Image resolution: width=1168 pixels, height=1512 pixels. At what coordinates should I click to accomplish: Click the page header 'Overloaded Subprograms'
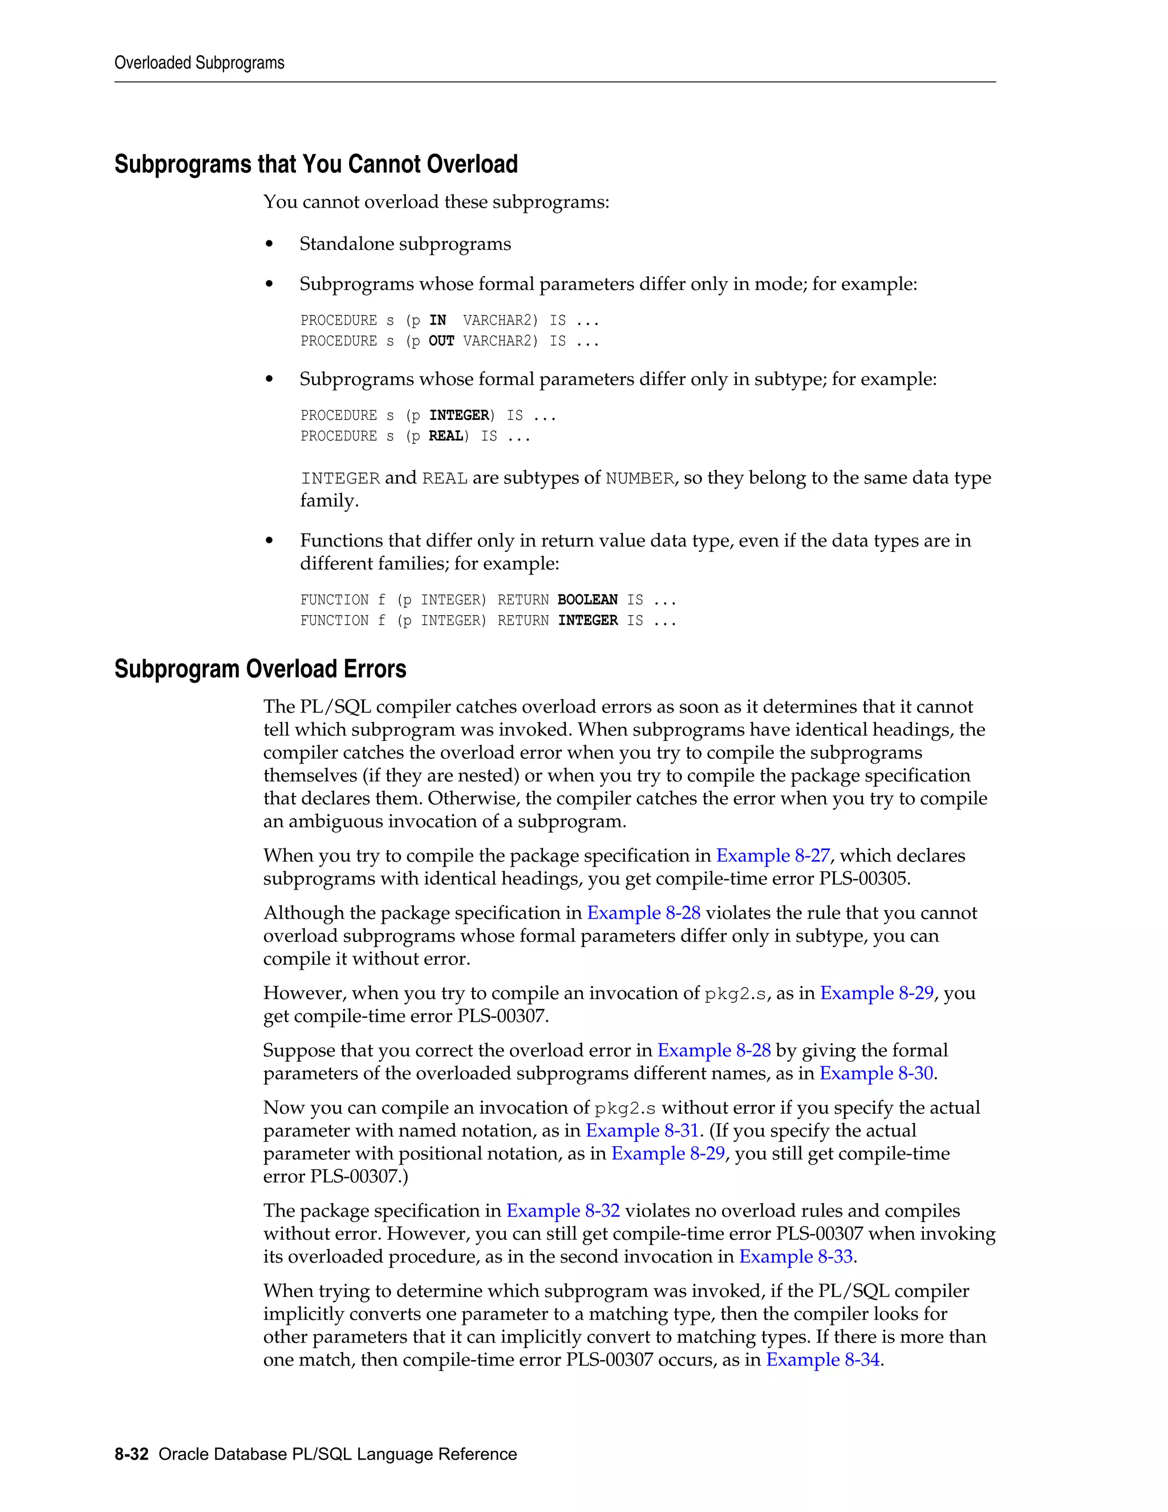pos(199,63)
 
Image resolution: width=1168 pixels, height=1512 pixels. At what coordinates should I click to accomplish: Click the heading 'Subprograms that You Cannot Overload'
pos(315,165)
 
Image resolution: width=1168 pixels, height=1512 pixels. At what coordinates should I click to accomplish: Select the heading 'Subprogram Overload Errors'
pos(260,669)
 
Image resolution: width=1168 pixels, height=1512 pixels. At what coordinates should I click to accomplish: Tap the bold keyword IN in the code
pos(437,321)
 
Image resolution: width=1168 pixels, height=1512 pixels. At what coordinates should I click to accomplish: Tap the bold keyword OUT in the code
pos(441,341)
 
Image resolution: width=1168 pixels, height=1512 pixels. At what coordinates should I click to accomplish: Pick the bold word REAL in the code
pos(445,436)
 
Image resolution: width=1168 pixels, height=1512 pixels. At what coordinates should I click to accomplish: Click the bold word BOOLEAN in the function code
pos(587,600)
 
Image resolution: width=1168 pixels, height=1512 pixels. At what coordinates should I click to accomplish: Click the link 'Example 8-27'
pos(772,856)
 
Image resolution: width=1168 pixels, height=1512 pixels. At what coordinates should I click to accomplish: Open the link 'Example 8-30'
pos(876,1073)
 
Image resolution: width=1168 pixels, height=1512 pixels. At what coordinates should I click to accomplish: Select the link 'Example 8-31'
pos(642,1130)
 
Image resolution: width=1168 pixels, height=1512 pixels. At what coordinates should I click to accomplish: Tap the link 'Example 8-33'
pos(796,1256)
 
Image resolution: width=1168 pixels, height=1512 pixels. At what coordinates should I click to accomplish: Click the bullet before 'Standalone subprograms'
pos(269,244)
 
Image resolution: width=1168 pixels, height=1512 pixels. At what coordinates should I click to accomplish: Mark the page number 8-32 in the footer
pos(132,1454)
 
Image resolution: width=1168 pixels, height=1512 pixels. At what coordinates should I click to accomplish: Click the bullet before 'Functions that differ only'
pos(269,541)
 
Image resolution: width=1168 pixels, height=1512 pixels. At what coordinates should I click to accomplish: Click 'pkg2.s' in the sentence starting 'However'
pos(736,994)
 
